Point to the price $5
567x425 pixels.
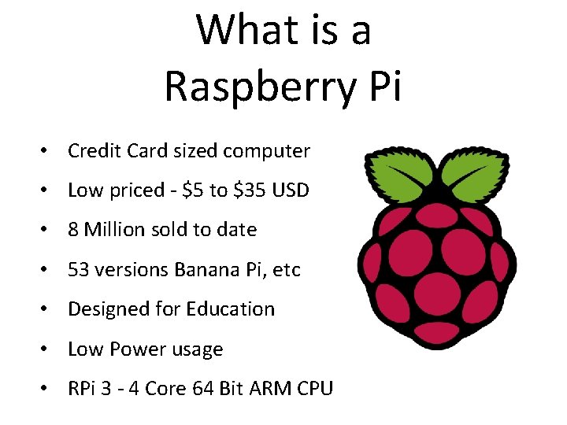pyautogui.click(x=192, y=190)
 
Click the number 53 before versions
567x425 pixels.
pyautogui.click(x=78, y=269)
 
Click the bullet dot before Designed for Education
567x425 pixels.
pyautogui.click(x=48, y=309)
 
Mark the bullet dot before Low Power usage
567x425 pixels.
pyautogui.click(x=48, y=349)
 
